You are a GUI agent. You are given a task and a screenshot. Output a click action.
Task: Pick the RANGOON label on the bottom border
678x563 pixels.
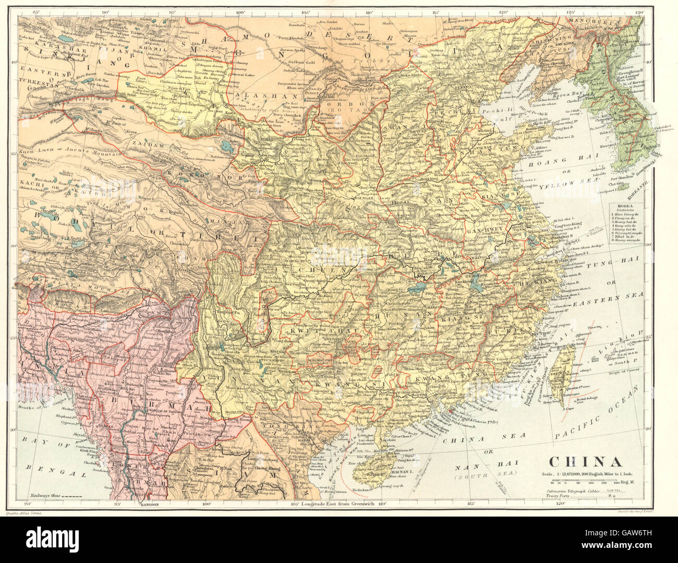pyautogui.click(x=142, y=505)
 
